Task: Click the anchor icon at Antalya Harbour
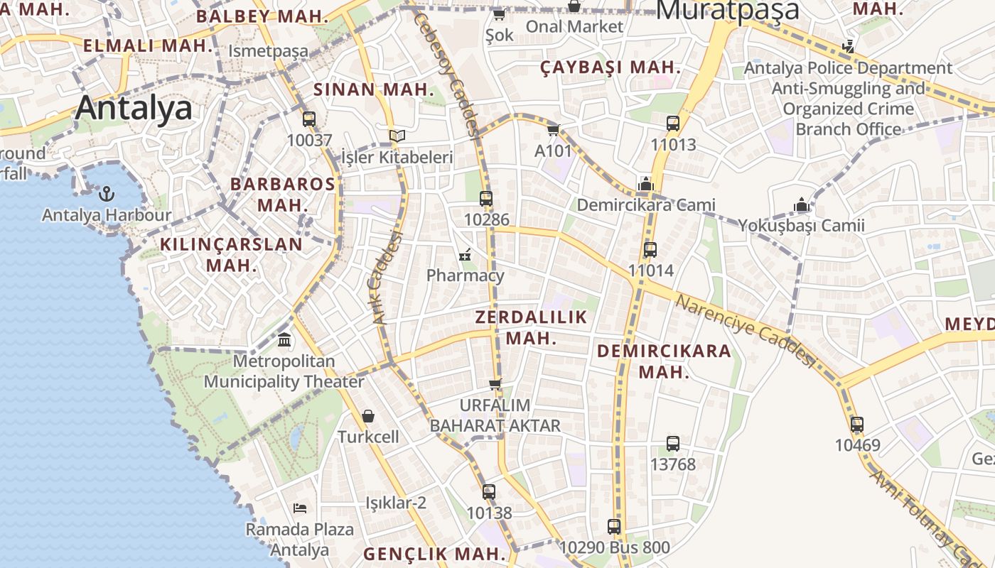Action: (106, 193)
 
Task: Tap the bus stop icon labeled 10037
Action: (309, 119)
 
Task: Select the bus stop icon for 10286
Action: (486, 199)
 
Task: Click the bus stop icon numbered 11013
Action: (673, 124)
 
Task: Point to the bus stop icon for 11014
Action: (650, 249)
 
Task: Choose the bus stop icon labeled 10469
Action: (857, 425)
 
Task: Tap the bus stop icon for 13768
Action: (673, 443)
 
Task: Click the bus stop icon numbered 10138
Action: (488, 491)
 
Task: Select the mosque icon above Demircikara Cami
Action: (645, 184)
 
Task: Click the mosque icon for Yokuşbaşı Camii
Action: (802, 204)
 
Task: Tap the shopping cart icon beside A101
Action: (553, 130)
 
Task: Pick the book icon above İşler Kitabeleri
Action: (397, 136)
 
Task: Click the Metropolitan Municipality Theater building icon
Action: (284, 340)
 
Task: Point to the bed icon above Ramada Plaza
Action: (300, 508)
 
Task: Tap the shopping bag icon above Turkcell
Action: (368, 415)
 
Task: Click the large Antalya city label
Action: (134, 108)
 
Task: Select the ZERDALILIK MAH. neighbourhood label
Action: (532, 327)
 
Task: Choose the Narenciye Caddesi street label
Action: (745, 331)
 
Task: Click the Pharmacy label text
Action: (466, 275)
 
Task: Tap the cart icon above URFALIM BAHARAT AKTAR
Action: (495, 384)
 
